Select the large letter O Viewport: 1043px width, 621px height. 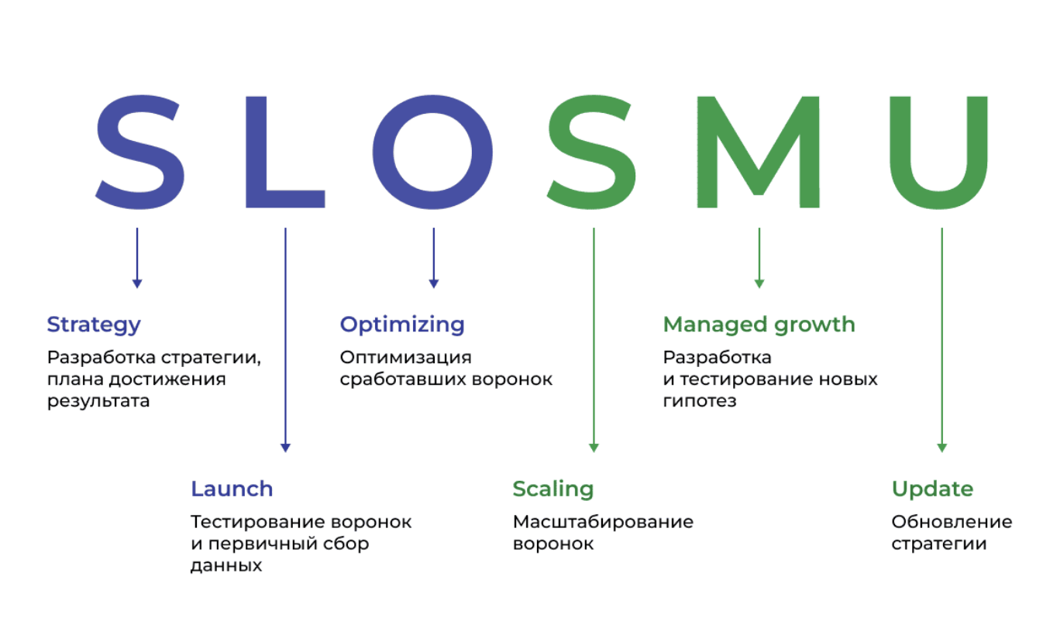pyautogui.click(x=433, y=150)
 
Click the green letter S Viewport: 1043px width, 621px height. pyautogui.click(x=593, y=150)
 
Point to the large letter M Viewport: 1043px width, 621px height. pyautogui.click(x=757, y=152)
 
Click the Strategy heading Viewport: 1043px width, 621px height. pyautogui.click(x=94, y=324)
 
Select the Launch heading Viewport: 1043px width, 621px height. pyautogui.click(x=232, y=489)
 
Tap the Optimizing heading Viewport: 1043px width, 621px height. pyautogui.click(x=402, y=324)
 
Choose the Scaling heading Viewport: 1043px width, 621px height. pyautogui.click(x=552, y=489)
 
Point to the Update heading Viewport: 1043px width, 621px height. pyautogui.click(x=932, y=489)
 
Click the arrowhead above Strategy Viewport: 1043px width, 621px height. pyautogui.click(x=137, y=283)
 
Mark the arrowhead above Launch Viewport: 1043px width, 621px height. pyautogui.click(x=285, y=447)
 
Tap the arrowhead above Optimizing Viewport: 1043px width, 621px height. pyautogui.click(x=433, y=283)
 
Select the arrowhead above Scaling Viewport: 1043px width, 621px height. pyautogui.click(x=594, y=447)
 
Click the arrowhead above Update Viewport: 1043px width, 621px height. pyautogui.click(x=941, y=447)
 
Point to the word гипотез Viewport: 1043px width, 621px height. pyautogui.click(x=699, y=402)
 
